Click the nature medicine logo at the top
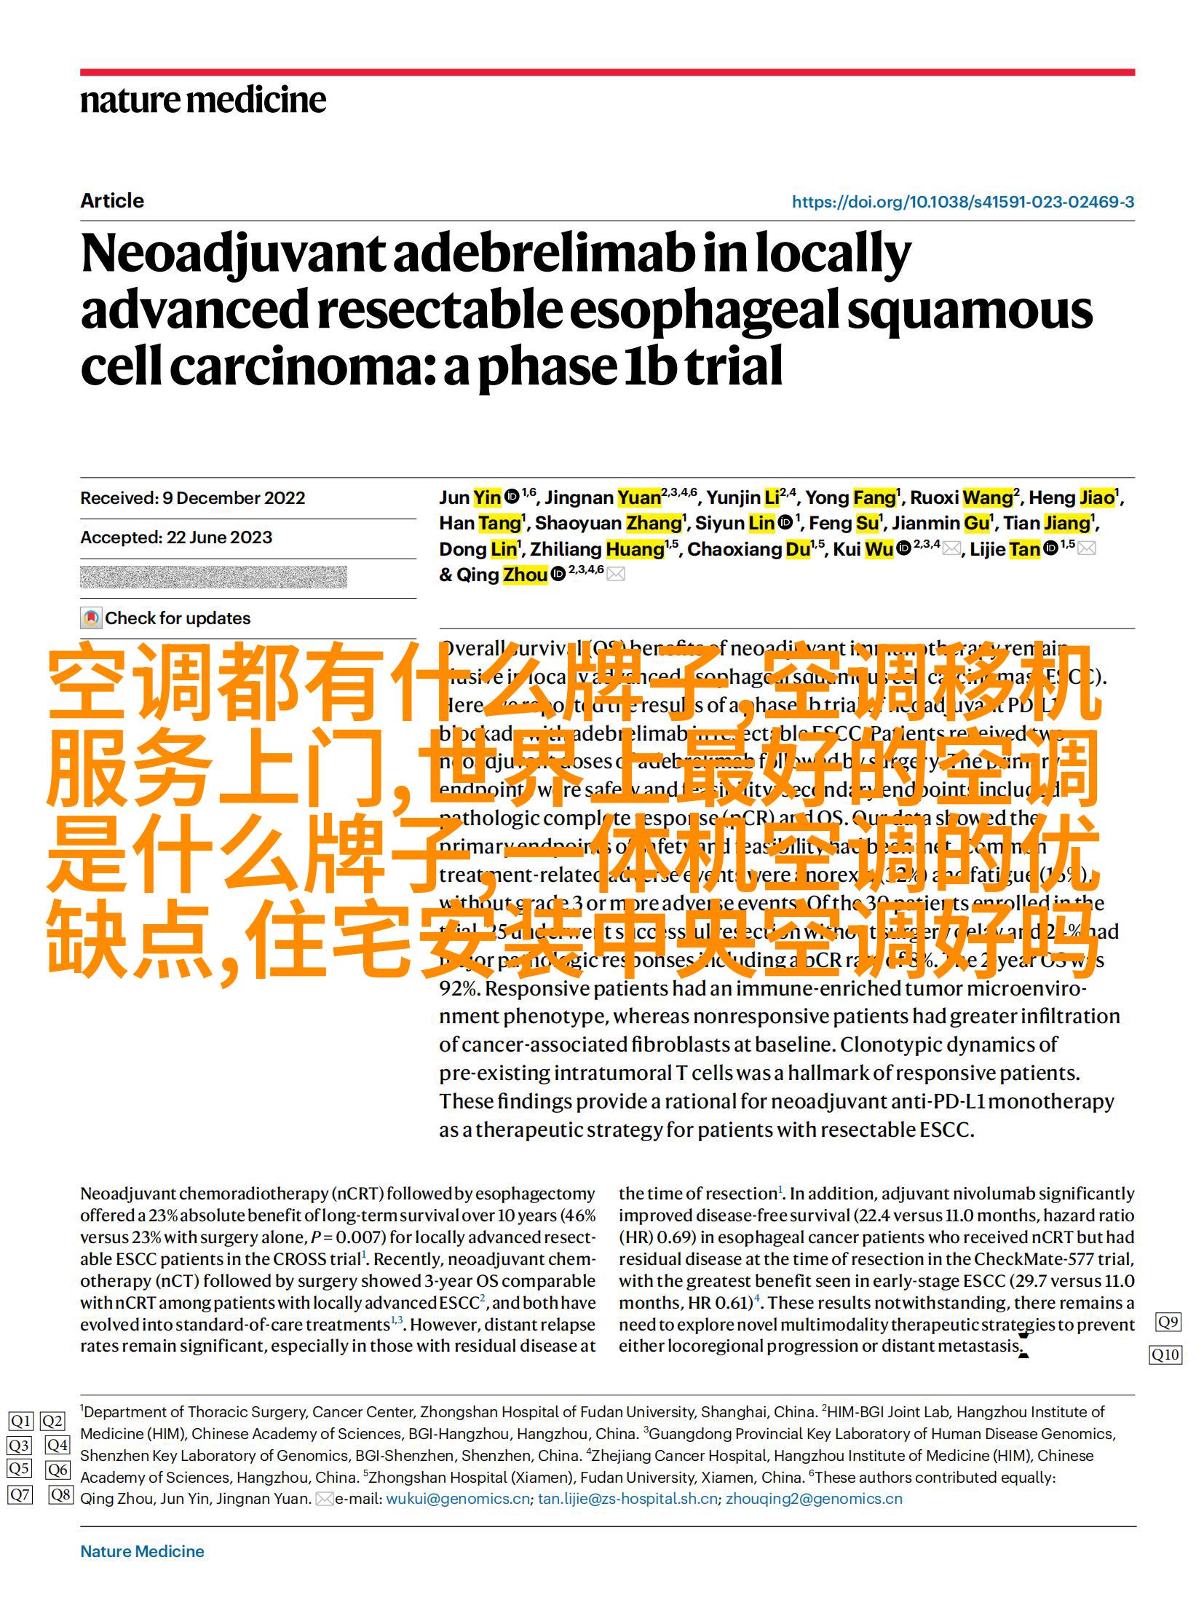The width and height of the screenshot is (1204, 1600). (203, 100)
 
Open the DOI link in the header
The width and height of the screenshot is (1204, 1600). (962, 202)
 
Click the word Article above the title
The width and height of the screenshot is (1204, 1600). (112, 201)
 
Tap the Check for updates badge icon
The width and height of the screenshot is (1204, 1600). (90, 618)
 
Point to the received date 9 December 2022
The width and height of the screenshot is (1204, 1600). (234, 498)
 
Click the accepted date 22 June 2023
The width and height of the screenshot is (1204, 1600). (219, 537)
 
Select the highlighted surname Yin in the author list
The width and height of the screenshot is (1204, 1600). (487, 498)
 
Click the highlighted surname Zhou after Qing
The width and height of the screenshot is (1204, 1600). (526, 575)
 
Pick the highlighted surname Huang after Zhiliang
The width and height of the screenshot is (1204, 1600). (635, 549)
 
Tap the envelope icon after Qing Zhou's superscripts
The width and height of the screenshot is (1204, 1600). (616, 575)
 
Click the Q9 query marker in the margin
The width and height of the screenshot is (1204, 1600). (1167, 1322)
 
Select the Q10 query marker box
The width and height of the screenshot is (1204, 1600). (1165, 1355)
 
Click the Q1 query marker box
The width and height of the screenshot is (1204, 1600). (20, 1421)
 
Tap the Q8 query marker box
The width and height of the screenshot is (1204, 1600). (61, 1495)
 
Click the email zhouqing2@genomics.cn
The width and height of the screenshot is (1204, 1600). (814, 1499)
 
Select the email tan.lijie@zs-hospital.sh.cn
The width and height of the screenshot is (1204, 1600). (627, 1499)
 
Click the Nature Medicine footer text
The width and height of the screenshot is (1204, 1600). (142, 1551)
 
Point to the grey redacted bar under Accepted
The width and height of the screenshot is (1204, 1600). (213, 577)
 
